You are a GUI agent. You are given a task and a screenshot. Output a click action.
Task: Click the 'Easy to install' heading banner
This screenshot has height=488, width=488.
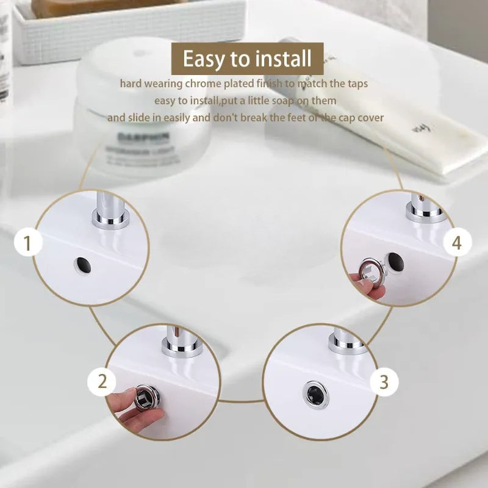[246, 59]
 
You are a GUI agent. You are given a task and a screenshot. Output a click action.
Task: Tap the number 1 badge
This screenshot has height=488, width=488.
[27, 244]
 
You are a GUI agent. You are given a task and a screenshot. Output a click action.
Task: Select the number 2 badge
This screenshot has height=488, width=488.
[102, 382]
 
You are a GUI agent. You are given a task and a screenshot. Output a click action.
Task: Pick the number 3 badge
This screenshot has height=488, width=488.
[384, 382]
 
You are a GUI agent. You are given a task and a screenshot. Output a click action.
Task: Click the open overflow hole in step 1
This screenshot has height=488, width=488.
[81, 265]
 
